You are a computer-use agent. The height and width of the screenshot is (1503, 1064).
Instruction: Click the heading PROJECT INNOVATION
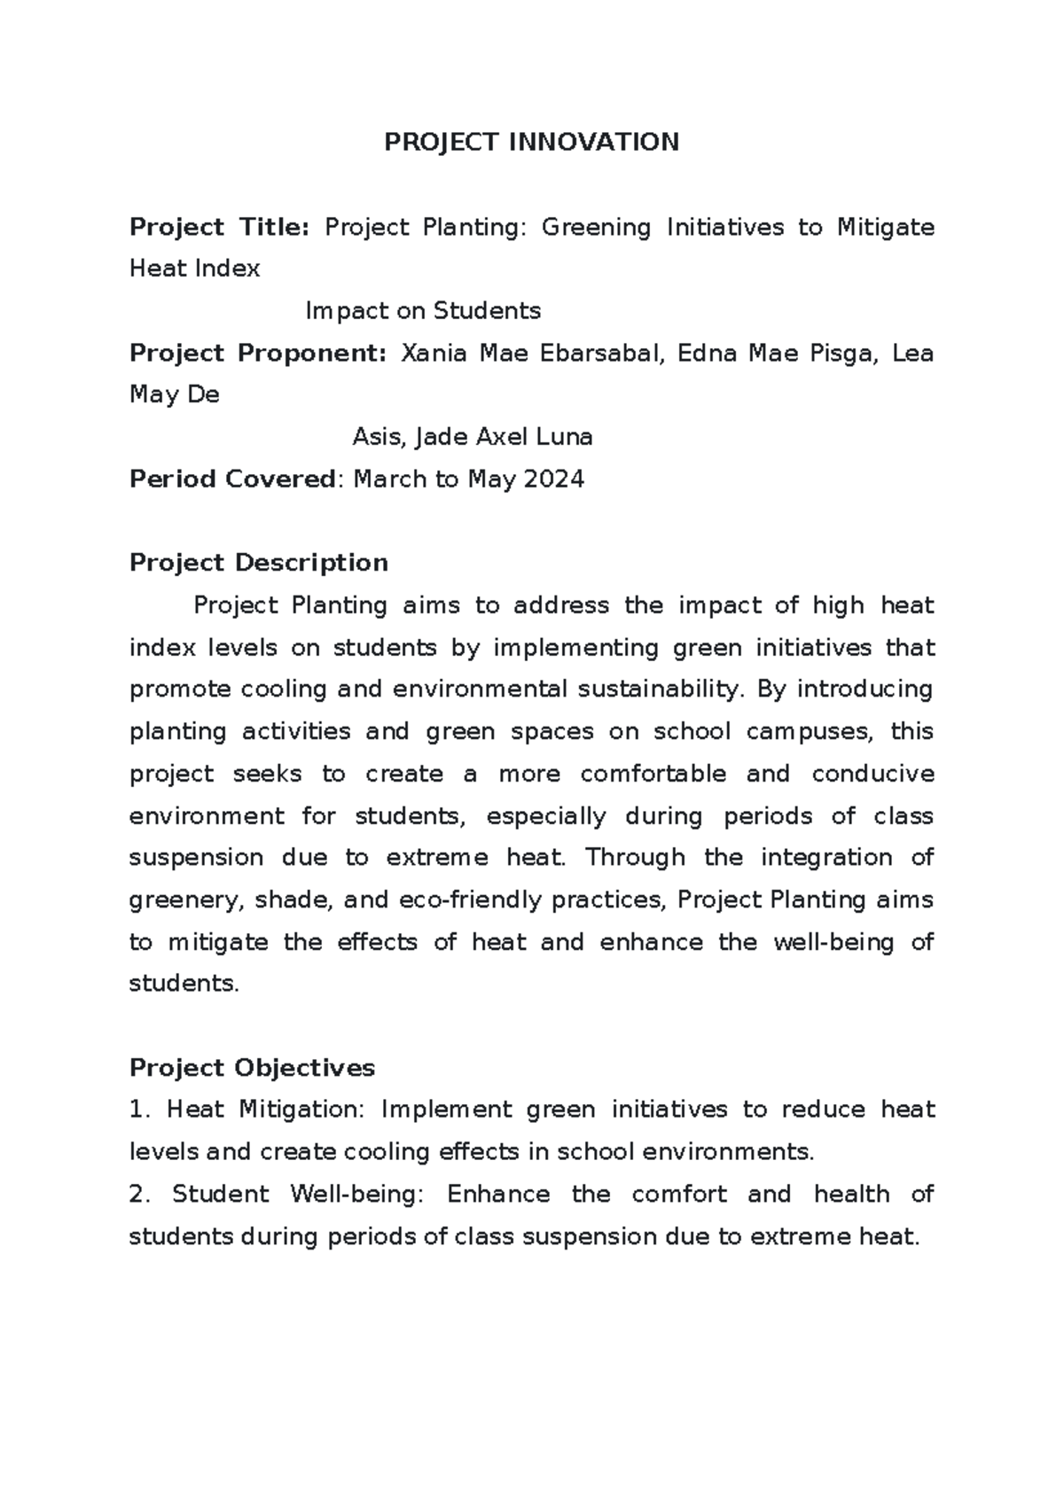click(x=531, y=142)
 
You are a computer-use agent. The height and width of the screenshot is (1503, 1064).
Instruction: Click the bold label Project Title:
click(x=219, y=228)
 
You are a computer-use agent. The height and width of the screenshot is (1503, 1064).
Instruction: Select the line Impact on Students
click(x=423, y=311)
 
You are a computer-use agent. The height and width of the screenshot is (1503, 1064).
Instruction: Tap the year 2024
click(x=553, y=479)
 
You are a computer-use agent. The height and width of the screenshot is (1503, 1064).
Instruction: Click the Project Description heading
click(x=259, y=563)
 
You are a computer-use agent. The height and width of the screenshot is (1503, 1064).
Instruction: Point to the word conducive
click(x=872, y=774)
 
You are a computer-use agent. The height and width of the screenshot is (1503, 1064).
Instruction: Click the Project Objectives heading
click(x=252, y=1068)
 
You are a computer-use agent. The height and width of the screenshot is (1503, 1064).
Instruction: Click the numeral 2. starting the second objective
click(x=140, y=1195)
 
